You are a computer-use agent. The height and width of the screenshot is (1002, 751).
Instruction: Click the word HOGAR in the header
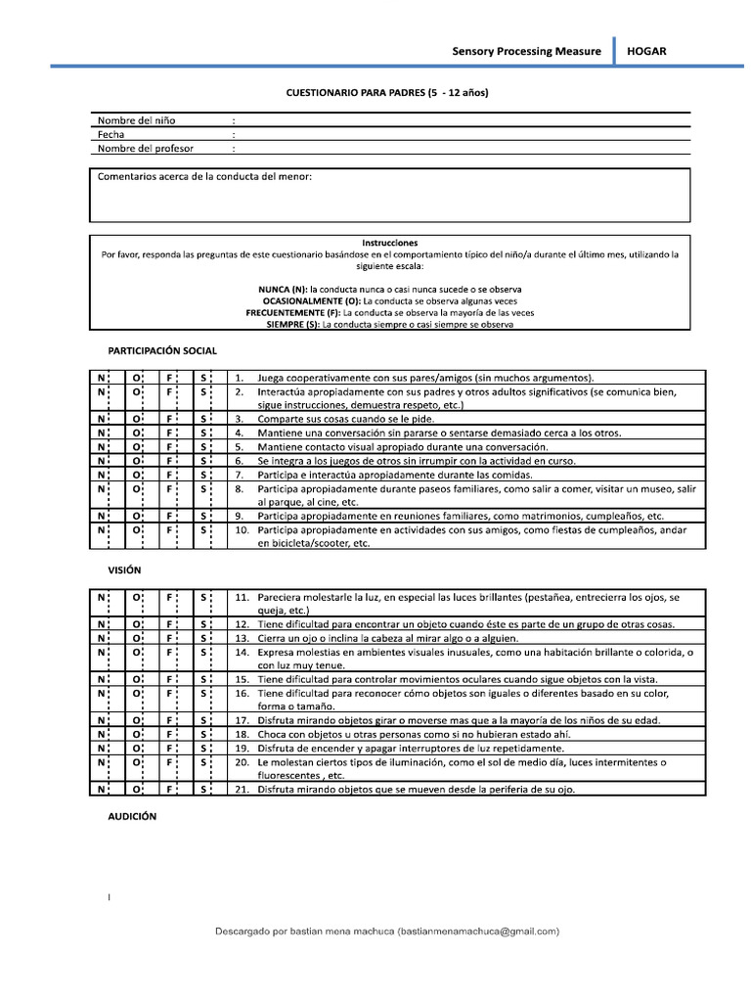(x=646, y=51)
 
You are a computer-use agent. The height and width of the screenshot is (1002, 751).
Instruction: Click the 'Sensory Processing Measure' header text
(x=526, y=51)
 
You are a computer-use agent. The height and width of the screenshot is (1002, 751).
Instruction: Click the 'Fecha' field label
(x=111, y=134)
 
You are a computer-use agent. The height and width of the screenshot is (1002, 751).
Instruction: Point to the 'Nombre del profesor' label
(x=145, y=149)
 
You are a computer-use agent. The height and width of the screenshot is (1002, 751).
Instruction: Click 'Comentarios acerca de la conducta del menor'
(x=204, y=177)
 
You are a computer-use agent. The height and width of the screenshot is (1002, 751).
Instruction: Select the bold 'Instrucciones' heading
(x=389, y=243)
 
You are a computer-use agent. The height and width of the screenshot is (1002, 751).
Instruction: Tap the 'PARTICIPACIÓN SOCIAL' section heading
(x=162, y=350)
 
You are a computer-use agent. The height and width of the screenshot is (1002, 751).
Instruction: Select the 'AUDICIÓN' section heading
(x=132, y=815)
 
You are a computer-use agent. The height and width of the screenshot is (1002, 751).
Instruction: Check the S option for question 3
(x=202, y=418)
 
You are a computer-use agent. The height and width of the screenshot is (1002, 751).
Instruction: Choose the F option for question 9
(x=169, y=515)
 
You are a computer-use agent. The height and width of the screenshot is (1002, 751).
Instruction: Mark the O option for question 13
(x=136, y=637)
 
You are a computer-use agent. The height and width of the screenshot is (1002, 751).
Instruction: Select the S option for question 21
(x=202, y=789)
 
